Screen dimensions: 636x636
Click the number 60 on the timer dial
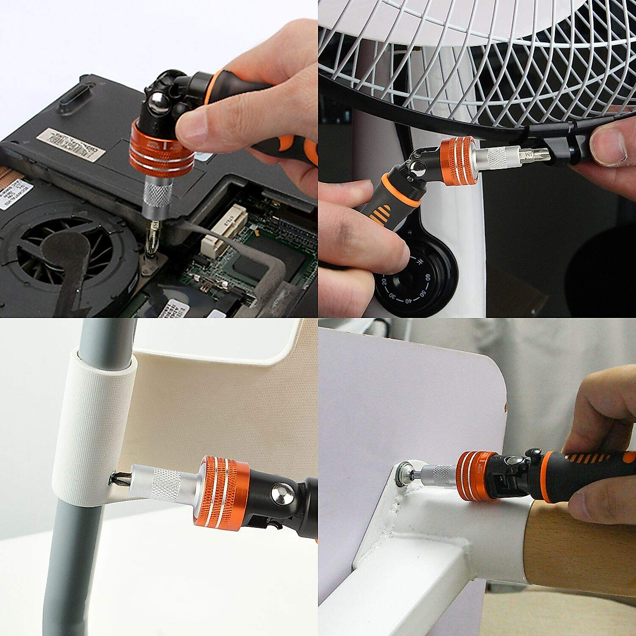tap(427, 276)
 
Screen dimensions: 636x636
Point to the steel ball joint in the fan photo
tap(417, 170)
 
